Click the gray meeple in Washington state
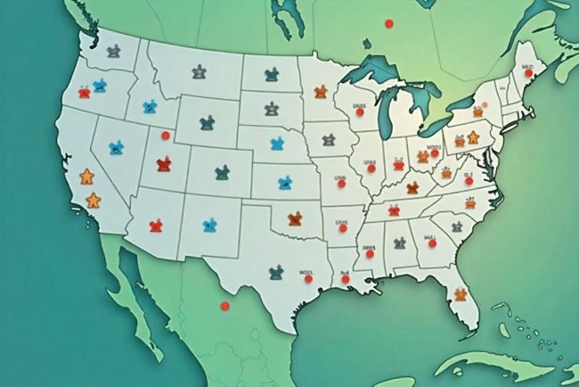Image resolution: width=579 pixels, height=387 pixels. click(113, 52)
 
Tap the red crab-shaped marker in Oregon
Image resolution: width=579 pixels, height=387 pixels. click(85, 91)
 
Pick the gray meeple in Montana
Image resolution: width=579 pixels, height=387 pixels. click(199, 70)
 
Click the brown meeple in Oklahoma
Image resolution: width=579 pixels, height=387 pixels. click(298, 218)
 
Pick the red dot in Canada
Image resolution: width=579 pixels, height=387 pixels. click(387, 23)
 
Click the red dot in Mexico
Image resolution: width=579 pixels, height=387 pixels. click(224, 307)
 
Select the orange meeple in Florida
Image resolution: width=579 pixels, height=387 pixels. click(461, 293)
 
